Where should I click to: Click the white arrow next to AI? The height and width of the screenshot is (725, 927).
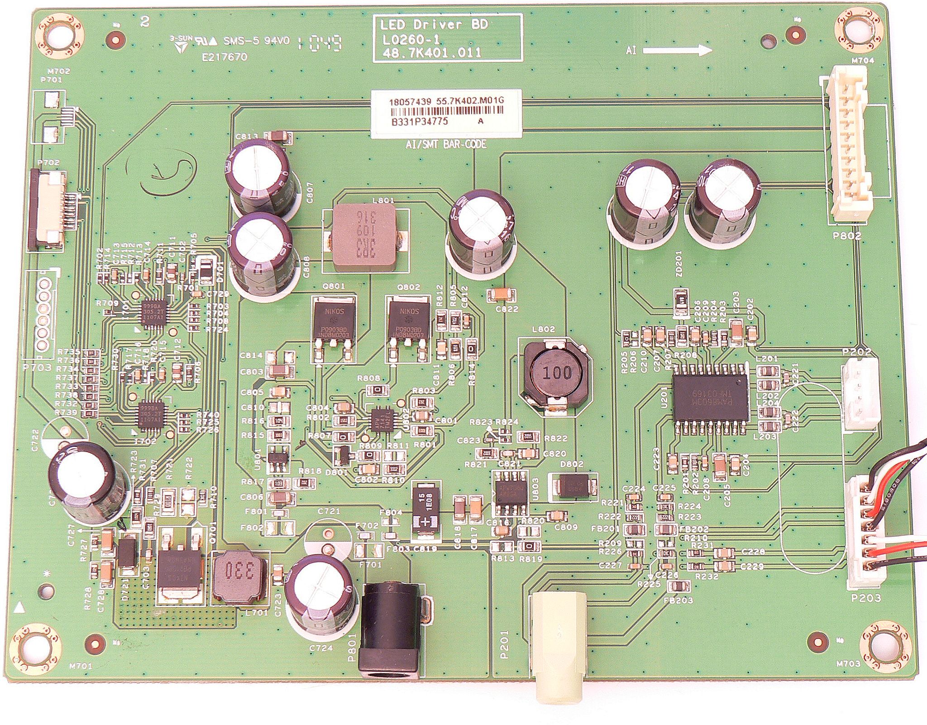coord(677,49)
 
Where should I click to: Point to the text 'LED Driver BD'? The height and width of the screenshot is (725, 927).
coord(434,25)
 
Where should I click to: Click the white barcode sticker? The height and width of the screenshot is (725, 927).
coord(446,113)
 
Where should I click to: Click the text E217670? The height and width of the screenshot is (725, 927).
coord(225,57)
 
